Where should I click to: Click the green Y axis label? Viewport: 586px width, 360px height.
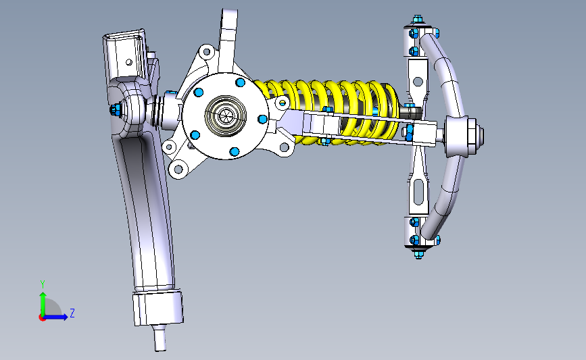coord(43,284)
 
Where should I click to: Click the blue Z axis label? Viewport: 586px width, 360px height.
coord(72,313)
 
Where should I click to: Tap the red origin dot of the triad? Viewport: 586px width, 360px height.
coord(42,318)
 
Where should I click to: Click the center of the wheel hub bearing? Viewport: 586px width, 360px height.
coord(225,116)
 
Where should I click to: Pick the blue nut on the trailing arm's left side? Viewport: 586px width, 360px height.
coord(114,110)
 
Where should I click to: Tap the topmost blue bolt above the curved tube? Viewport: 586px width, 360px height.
coord(418,19)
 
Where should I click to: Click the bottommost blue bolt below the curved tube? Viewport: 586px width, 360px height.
coord(418,255)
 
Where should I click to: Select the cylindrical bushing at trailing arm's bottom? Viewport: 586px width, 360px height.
coord(158,308)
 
